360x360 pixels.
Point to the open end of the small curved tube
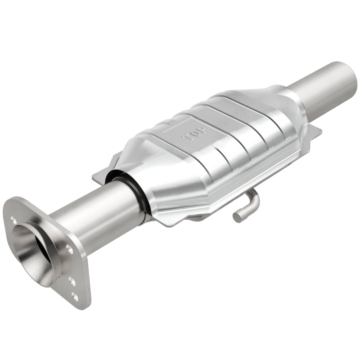tap(237, 217)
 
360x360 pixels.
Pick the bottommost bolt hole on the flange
tap(74, 297)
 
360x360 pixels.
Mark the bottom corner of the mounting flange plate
tap(85, 306)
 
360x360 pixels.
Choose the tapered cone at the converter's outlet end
tap(288, 108)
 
